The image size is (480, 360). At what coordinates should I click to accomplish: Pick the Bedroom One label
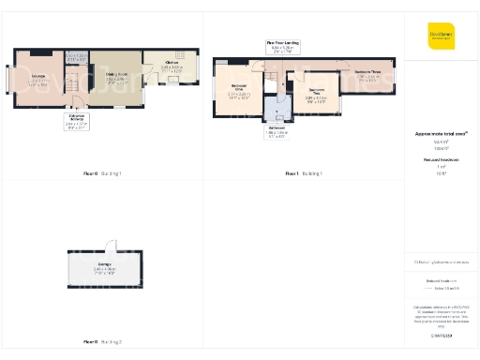[x=238, y=90]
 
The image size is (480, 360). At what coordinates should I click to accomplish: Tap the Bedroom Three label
[x=367, y=76]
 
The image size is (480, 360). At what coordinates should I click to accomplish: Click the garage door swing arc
[x=110, y=246]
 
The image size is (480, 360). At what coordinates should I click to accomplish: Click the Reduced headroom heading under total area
[x=441, y=160]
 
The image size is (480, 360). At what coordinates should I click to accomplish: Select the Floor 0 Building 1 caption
[x=103, y=173]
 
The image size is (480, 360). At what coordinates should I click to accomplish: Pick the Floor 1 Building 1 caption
[x=304, y=173]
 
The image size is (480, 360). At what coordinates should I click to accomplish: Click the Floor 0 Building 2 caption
[x=103, y=341]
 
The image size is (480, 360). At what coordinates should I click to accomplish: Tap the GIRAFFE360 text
[x=441, y=335]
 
